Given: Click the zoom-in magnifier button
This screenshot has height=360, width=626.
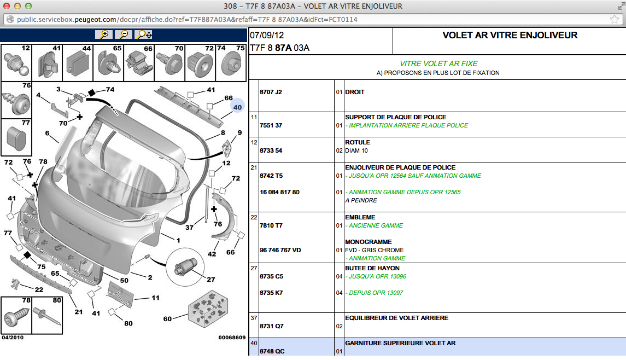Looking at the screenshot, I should click(x=103, y=34).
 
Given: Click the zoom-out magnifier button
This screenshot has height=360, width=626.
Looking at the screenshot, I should click(x=124, y=34).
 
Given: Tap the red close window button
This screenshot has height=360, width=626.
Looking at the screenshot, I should click(x=7, y=6).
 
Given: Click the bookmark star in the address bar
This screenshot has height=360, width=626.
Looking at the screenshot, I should click(x=615, y=19).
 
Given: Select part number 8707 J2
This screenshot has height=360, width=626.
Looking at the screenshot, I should click(x=271, y=92).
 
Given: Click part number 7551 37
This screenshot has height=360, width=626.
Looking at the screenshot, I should click(x=271, y=125).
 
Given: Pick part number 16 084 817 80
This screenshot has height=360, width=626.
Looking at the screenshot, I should click(x=279, y=192).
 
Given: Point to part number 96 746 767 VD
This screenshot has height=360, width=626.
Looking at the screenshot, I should click(x=280, y=250).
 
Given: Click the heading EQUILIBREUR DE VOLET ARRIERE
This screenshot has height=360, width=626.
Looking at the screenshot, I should click(x=396, y=318).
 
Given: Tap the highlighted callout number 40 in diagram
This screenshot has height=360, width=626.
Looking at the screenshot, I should click(x=237, y=107).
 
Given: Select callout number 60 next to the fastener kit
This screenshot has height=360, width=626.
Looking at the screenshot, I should click(x=167, y=318).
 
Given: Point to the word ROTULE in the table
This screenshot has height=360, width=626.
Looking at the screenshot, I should click(x=358, y=142).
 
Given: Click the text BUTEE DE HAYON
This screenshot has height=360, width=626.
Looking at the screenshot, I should click(x=372, y=268).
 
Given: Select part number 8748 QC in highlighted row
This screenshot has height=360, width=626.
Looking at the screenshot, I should click(x=272, y=351).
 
